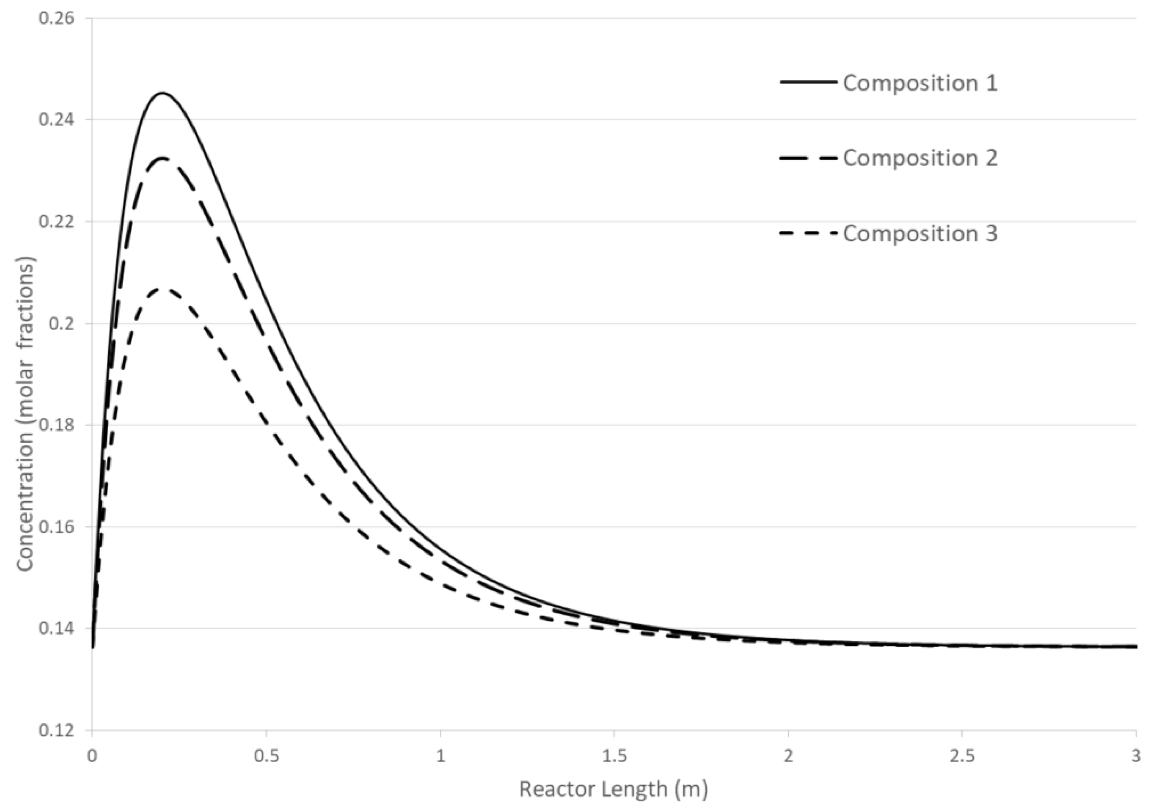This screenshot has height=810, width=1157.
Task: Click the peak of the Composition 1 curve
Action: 162,93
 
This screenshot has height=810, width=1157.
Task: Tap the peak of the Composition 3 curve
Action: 165,289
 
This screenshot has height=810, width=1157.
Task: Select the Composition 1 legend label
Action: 920,83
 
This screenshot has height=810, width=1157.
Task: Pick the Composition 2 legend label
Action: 920,158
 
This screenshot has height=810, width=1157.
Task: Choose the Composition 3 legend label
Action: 920,234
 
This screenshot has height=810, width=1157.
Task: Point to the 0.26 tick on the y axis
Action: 56,18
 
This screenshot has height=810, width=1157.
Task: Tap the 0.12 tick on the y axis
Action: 56,730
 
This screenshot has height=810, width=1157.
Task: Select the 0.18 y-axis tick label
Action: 56,425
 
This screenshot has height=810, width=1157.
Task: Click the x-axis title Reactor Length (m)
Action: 613,789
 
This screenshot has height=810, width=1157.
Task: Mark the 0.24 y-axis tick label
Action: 56,120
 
